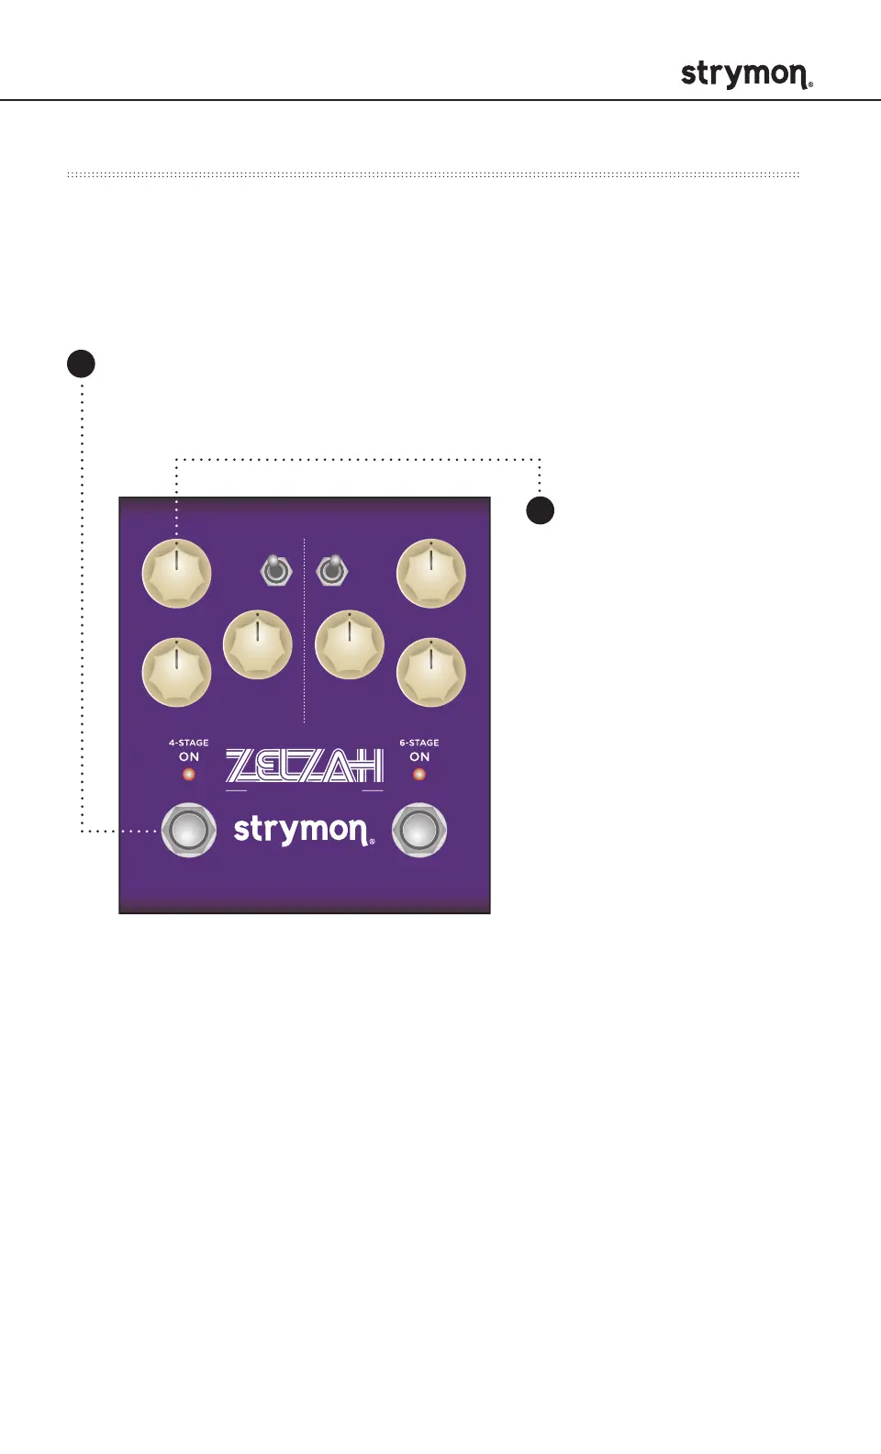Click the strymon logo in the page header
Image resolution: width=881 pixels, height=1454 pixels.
pos(746,74)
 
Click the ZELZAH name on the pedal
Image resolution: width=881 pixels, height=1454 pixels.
pos(305,766)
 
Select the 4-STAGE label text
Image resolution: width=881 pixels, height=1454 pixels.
pos(189,743)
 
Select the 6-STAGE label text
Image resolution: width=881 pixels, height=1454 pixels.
pos(419,743)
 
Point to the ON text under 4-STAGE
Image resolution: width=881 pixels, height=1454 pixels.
pos(189,757)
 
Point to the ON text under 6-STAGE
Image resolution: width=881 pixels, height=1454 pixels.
pos(419,757)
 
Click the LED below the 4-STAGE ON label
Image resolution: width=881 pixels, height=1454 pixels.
pos(189,775)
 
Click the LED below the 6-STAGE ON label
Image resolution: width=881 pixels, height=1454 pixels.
pos(419,775)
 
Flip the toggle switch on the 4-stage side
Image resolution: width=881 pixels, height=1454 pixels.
pos(275,570)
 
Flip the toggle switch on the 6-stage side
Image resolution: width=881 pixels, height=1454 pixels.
pos(332,570)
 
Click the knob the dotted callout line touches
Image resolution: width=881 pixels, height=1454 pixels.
pos(177,574)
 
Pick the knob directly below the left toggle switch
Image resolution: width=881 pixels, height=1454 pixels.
pos(258,644)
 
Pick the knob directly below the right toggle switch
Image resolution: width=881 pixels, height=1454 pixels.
pos(350,644)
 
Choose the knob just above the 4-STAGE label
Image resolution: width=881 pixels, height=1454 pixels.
pos(177,673)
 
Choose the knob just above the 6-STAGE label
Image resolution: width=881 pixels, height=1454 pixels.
pos(431,673)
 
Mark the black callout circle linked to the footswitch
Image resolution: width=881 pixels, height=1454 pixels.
pos(82,363)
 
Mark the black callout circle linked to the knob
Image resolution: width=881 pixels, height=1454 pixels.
pos(541,510)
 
